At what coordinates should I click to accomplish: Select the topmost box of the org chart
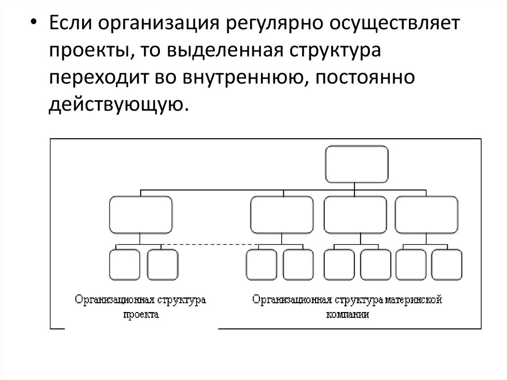coord(356,164)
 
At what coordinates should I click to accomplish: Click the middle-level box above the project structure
coord(141,215)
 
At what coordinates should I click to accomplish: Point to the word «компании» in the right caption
coord(348,314)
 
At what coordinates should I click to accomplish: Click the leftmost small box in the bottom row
coord(124,265)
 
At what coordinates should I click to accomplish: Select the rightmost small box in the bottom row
coord(446,265)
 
